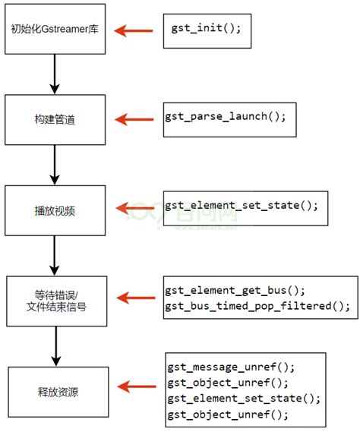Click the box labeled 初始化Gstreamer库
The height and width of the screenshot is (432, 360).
[54, 30]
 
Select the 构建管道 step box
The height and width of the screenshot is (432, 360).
[54, 118]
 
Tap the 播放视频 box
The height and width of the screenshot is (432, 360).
[54, 209]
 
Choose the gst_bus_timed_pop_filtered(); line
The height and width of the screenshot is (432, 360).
[257, 306]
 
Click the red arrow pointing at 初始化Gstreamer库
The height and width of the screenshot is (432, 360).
[137, 31]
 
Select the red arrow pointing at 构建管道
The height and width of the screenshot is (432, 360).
[137, 118]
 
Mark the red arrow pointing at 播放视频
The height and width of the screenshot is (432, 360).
[137, 207]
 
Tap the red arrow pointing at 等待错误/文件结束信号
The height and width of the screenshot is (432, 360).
[137, 299]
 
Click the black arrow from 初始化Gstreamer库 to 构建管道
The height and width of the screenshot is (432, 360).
[54, 73]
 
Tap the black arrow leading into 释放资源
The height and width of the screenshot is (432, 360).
[54, 345]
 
